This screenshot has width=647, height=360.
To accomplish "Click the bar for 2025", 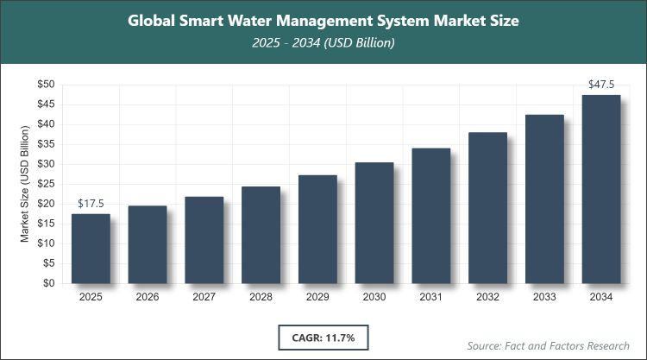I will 91,249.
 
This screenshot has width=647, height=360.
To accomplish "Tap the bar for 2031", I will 430,216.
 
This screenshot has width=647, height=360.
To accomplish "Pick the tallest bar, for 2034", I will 600,189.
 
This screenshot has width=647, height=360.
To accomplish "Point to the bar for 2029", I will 317,229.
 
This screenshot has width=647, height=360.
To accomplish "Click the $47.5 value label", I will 600,85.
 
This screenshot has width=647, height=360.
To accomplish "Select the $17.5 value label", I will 91,204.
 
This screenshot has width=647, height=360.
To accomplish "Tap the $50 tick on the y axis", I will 46,85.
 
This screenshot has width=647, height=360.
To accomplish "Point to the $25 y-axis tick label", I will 46,184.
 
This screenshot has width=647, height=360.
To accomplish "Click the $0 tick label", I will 49,283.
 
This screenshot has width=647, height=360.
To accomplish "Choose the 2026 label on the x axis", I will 148,297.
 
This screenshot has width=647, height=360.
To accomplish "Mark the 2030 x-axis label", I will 374,297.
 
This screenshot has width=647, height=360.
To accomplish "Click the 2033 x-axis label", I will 544,297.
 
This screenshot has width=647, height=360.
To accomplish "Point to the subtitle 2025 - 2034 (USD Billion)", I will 323,43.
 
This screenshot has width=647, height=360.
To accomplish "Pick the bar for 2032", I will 487,208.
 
